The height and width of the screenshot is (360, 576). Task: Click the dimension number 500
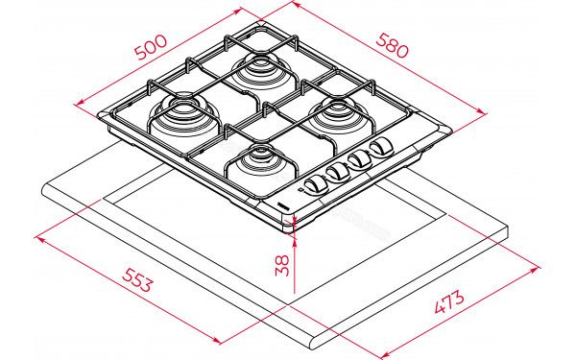pos(151,46)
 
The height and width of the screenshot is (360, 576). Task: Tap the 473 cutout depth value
pos(448,304)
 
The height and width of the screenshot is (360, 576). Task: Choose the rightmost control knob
pos(382,147)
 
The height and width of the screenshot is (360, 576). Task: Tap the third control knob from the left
pos(361,157)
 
